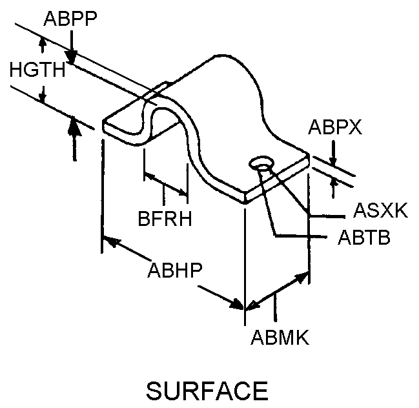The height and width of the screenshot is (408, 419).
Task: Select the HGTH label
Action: tap(37, 69)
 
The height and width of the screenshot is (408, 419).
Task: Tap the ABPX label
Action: tap(334, 127)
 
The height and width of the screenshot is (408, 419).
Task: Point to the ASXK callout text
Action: tap(381, 210)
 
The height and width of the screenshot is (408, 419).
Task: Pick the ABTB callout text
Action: tap(364, 238)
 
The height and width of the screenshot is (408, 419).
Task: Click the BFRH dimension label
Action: tap(165, 219)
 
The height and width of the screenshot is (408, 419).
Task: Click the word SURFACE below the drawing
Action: tap(207, 390)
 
